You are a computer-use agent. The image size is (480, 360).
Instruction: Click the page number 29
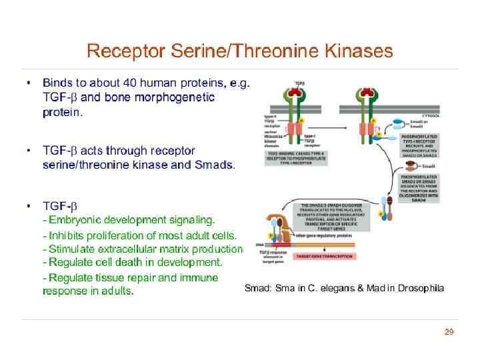click(449, 332)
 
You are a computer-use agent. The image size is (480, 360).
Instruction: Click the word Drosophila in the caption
click(421, 288)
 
